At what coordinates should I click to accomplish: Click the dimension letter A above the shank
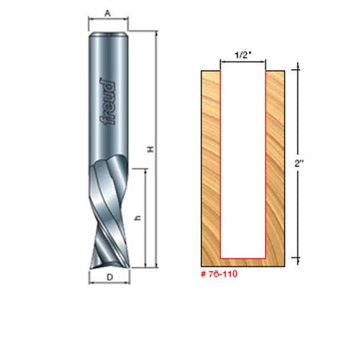[109, 13]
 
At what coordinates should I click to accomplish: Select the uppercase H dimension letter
[151, 149]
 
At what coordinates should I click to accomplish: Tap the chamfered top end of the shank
[109, 32]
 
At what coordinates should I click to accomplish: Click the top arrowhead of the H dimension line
[158, 34]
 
